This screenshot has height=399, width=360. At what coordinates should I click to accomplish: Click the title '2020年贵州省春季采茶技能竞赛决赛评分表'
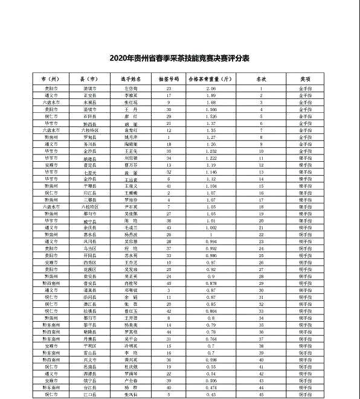(179, 59)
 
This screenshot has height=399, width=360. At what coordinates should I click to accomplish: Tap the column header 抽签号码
(169, 78)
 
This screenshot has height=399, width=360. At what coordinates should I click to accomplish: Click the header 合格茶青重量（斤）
(210, 78)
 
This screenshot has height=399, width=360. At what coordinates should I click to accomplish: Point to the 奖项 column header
(306, 78)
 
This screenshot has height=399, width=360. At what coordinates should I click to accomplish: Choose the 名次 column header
(261, 78)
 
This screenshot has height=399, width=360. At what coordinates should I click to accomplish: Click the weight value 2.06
(211, 89)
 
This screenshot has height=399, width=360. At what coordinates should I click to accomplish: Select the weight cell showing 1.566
(211, 109)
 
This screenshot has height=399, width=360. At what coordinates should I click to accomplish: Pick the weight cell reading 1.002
(211, 227)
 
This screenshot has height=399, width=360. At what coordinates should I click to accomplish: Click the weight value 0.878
(211, 282)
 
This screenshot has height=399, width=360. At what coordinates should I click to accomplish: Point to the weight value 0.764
(211, 339)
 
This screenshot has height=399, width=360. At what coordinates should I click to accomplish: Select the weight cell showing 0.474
(211, 387)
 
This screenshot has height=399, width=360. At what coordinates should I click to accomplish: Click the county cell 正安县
(89, 95)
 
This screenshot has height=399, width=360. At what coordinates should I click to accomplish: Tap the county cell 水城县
(89, 103)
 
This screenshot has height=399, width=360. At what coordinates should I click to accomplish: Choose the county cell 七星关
(89, 172)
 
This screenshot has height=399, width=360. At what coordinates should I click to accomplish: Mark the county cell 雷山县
(89, 353)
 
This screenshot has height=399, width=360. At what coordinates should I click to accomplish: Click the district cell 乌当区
(89, 248)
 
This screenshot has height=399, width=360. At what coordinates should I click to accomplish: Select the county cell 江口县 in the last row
(89, 394)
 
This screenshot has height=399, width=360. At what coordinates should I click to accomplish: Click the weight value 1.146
(211, 172)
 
